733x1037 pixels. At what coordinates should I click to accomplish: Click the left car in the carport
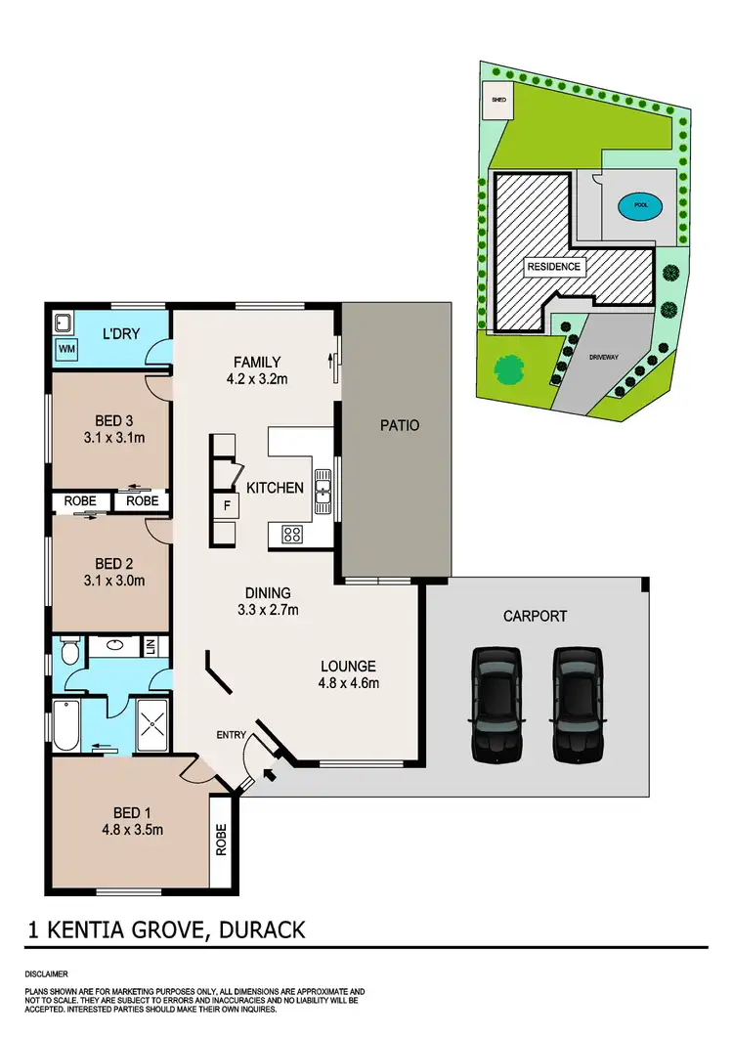(496, 704)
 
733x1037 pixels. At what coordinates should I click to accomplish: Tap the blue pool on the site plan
(640, 206)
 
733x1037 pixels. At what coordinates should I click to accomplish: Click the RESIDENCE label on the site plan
(554, 267)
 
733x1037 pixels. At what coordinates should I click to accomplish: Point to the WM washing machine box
(67, 349)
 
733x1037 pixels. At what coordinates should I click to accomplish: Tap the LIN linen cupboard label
(150, 646)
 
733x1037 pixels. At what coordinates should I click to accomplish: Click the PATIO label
(399, 425)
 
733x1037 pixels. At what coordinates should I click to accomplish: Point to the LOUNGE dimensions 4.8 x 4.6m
(349, 683)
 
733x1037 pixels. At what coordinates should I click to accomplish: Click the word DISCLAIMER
(47, 974)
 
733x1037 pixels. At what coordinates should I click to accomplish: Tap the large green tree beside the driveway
(509, 368)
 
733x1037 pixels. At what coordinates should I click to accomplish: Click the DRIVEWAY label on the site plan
(604, 358)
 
